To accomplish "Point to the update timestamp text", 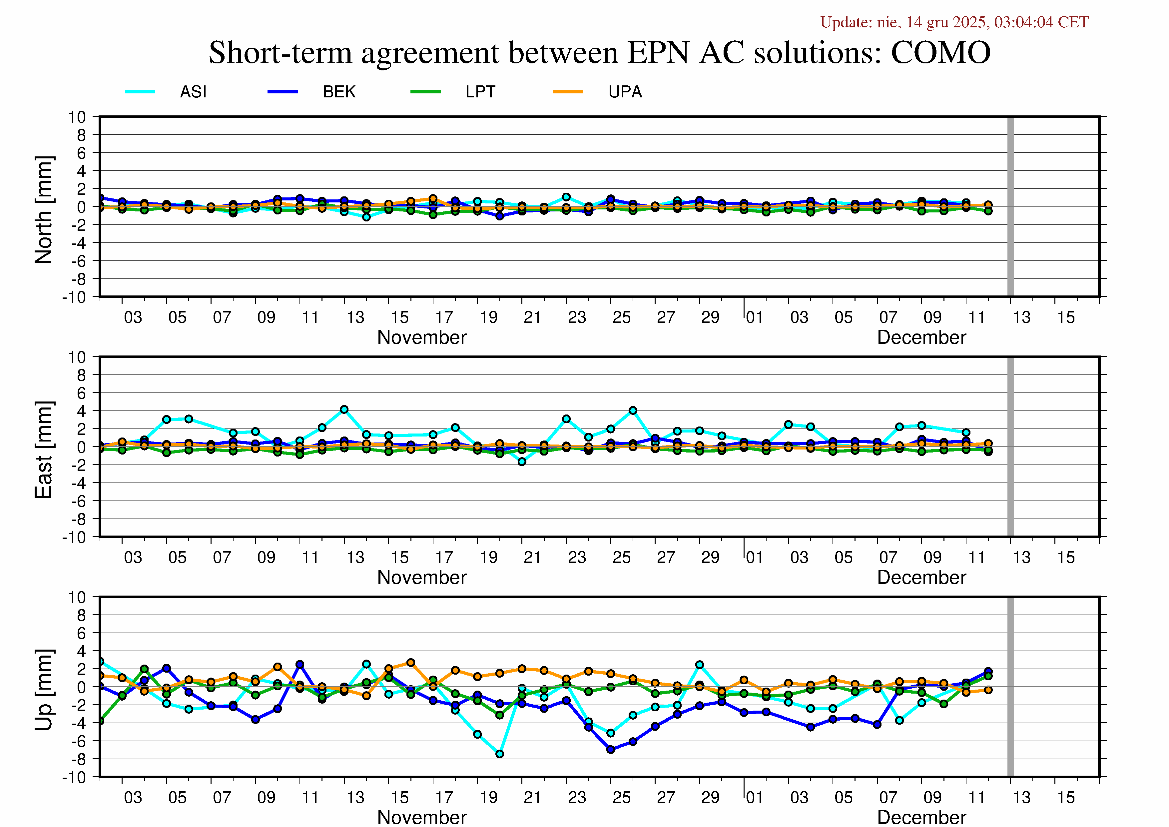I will coord(954,22).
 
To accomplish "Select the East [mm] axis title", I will coord(44,450).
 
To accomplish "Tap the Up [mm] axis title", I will coord(44,689).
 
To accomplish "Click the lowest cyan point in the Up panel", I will coord(499,754).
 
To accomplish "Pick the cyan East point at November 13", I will coord(344,410).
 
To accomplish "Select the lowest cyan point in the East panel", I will coord(522,462).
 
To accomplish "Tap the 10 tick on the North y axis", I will coord(77,117).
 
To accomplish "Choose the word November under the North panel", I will coord(421,337).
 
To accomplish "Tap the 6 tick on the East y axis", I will coord(81,393).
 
